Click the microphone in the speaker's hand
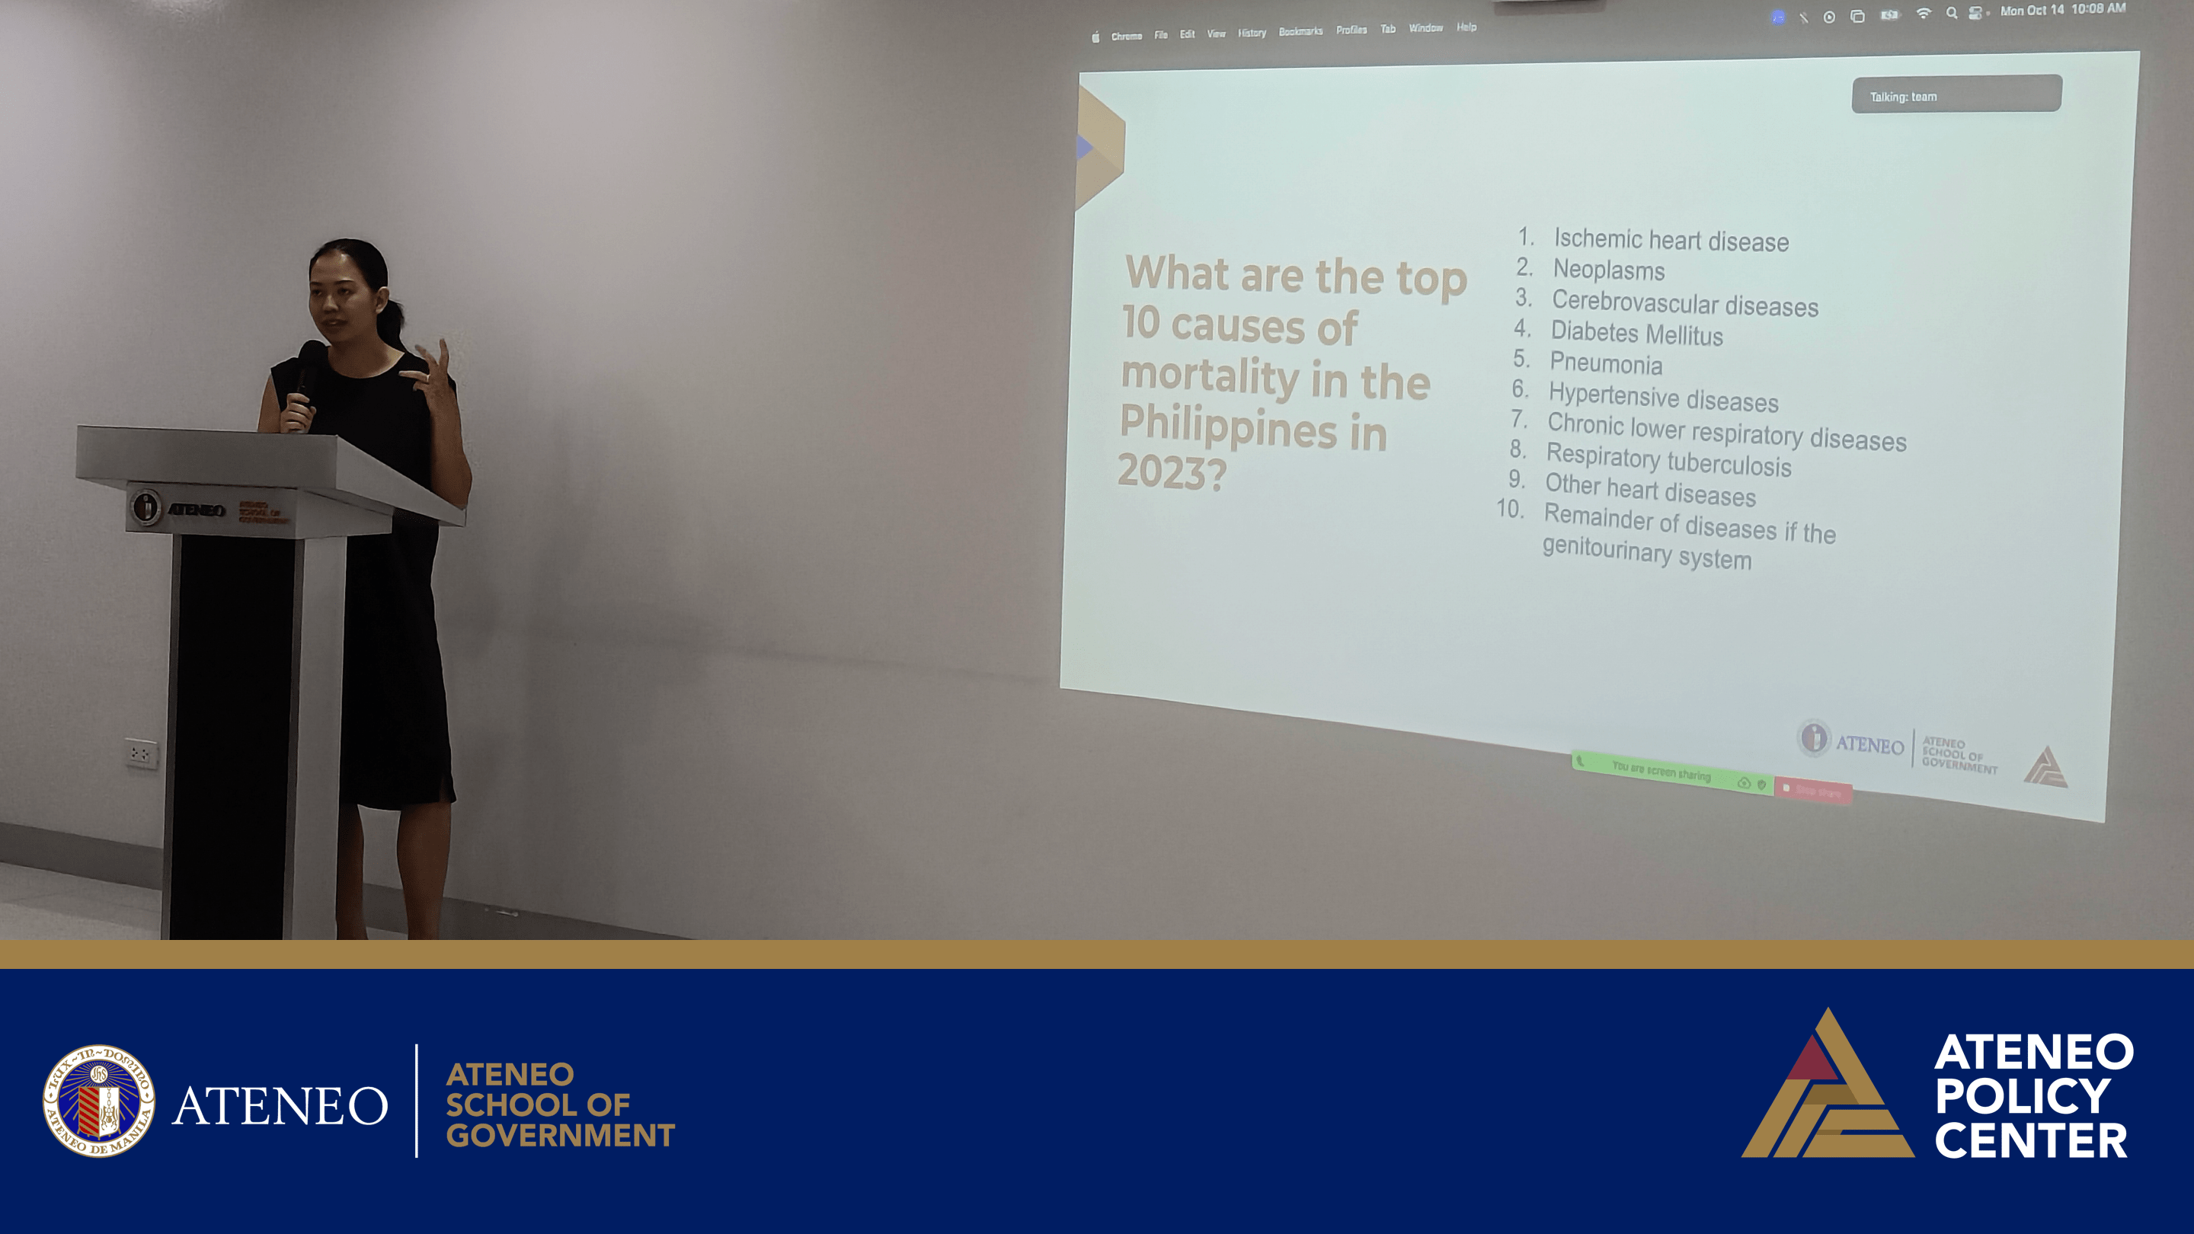[309, 366]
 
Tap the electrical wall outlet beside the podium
[142, 753]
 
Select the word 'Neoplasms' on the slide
[1608, 270]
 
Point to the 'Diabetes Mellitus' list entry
[1636, 333]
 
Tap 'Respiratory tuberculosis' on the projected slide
[1668, 461]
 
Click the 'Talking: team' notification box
[1956, 94]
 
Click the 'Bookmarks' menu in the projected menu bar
[1300, 31]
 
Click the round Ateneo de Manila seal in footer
[99, 1100]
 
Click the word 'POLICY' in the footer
[2022, 1096]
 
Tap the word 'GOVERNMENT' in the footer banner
[560, 1135]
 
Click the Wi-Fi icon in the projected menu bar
[1923, 13]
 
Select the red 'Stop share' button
[1814, 791]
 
